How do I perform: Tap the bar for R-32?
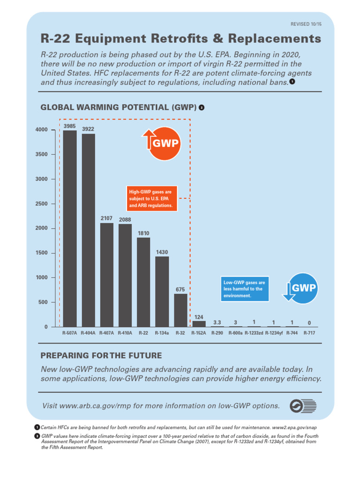[180, 310]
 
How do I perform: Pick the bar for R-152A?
[199, 324]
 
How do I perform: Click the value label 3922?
[88, 129]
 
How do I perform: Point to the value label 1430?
[162, 252]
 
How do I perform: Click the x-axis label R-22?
[143, 333]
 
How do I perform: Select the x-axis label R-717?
[309, 333]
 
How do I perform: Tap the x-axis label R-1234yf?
[274, 333]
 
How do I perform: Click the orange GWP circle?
[162, 142]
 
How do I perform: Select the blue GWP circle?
[301, 288]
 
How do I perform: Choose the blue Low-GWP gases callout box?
[245, 289]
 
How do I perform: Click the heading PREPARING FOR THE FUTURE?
[101, 355]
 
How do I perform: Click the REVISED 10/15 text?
[307, 23]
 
